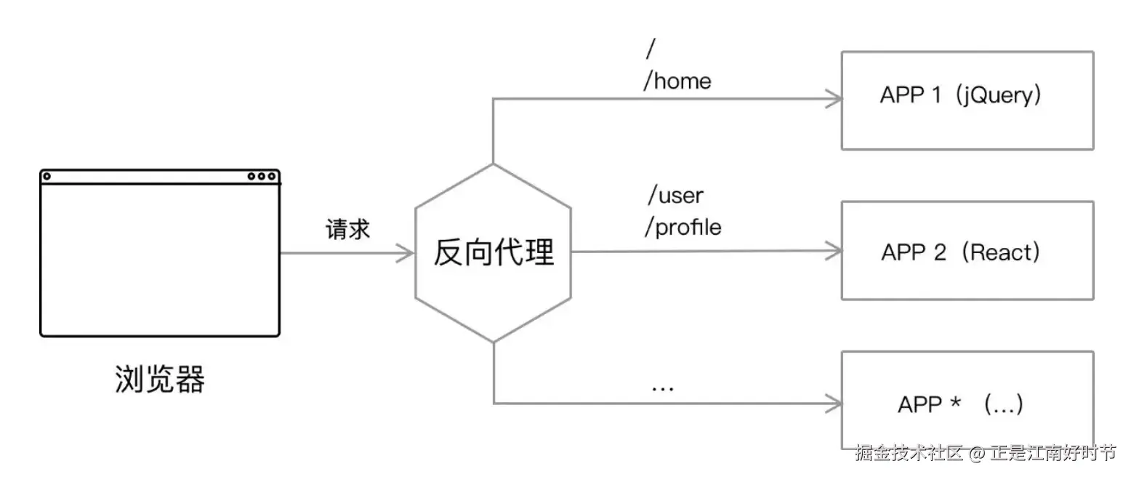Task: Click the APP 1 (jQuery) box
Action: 967,100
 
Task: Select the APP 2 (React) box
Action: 967,250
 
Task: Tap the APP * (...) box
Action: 967,400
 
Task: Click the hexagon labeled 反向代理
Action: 494,252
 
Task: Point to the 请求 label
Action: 347,230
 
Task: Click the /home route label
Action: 677,81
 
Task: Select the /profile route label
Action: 683,228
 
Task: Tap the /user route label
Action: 675,196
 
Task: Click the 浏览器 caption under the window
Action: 160,379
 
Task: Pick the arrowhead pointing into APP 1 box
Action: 834,99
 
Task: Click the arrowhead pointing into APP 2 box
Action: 834,252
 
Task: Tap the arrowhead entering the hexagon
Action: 406,253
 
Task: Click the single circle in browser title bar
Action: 47,176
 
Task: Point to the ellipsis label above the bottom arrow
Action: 662,388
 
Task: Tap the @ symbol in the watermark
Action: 977,454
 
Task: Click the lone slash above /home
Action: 650,49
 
